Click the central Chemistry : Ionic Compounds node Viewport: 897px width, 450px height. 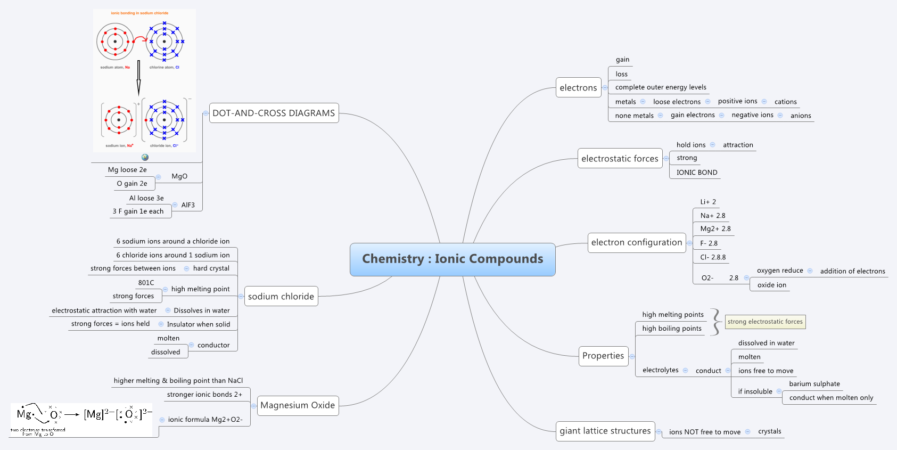tap(452, 259)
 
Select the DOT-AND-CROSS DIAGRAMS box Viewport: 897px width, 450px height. tap(274, 113)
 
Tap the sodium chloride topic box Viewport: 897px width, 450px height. tap(281, 297)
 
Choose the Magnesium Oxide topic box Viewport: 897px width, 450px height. tap(298, 405)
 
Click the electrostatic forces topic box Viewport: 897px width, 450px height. tap(620, 159)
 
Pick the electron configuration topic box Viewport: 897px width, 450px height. tap(636, 242)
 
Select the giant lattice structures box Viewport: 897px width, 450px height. tap(605, 431)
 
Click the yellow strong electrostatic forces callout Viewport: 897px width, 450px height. tap(765, 322)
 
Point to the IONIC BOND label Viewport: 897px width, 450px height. tap(697, 173)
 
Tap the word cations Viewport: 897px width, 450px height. tap(785, 102)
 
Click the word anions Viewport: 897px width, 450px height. tap(801, 116)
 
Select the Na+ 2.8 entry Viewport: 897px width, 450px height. tap(713, 216)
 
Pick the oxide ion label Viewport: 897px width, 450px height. tap(771, 285)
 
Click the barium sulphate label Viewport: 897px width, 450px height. tap(814, 384)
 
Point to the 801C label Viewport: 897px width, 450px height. tap(146, 283)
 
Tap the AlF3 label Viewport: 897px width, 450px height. tap(188, 205)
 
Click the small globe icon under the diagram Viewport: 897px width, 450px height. tap(145, 157)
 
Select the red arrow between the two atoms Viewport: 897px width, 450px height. tap(139, 39)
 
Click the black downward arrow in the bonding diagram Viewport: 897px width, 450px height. tap(138, 78)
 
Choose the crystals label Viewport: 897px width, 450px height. tap(769, 431)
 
